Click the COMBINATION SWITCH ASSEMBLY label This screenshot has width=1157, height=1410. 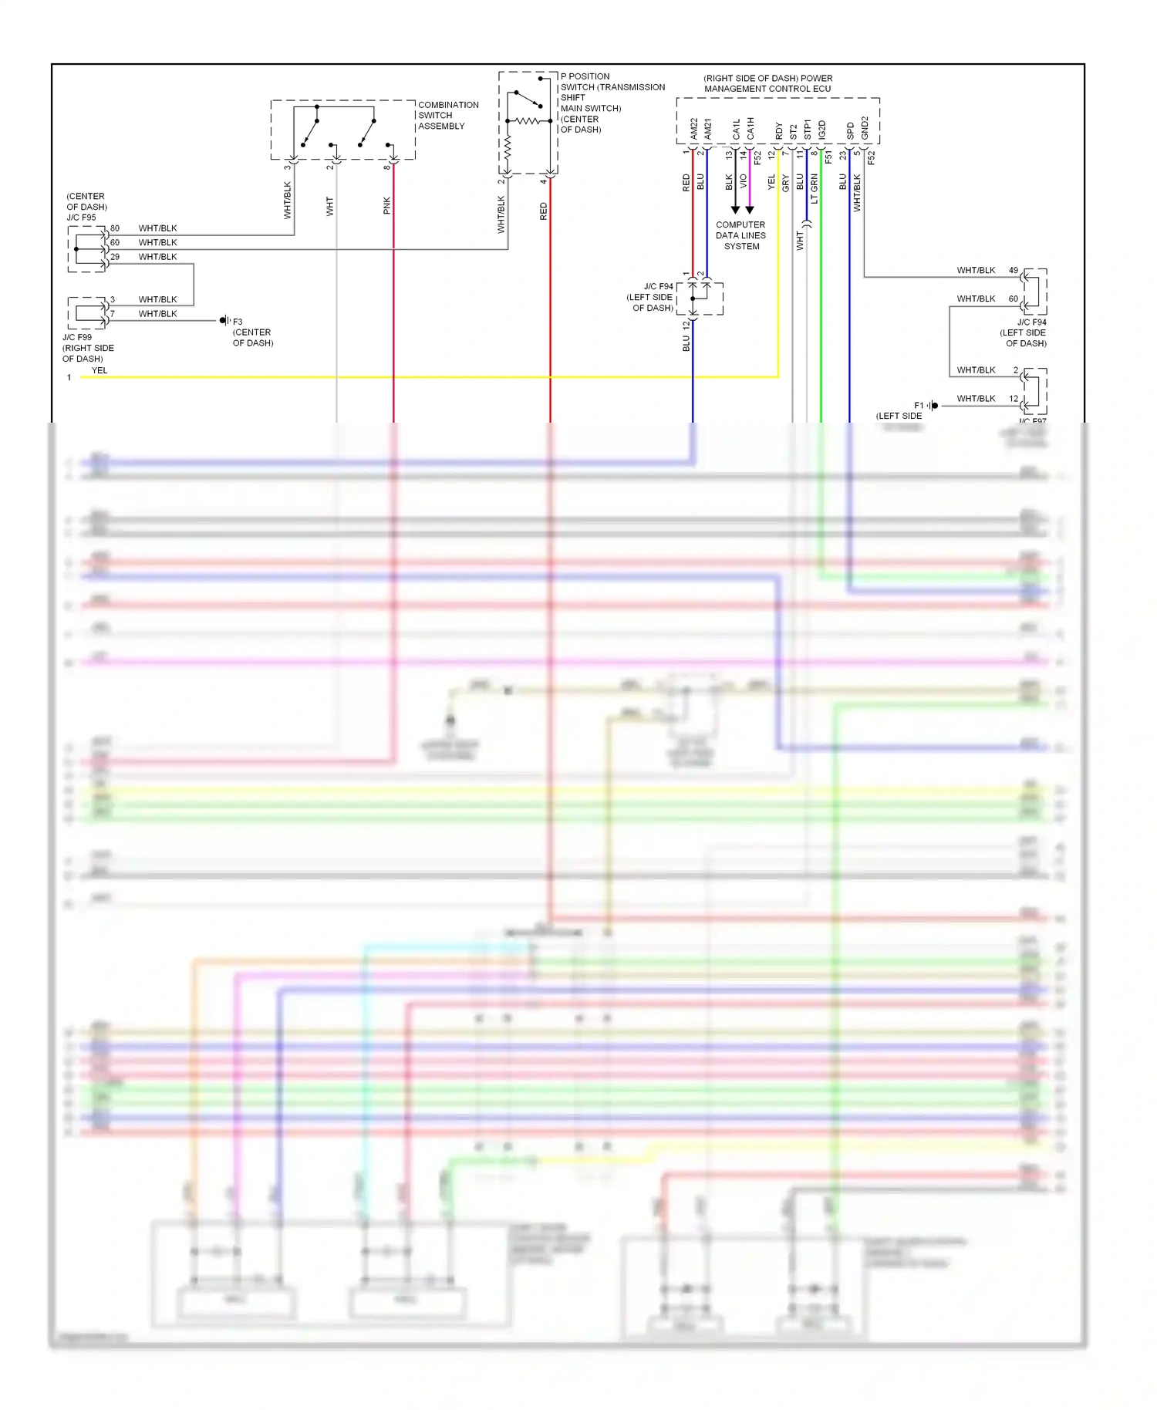click(447, 116)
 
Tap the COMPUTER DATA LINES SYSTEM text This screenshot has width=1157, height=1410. click(740, 235)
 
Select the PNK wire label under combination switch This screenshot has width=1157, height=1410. click(387, 205)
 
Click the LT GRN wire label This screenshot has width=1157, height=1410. click(815, 189)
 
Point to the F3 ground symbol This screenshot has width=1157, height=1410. click(224, 321)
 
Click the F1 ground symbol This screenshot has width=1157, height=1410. click(933, 406)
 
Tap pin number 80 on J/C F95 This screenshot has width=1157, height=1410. click(115, 228)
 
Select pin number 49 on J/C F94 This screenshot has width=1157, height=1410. click(1014, 271)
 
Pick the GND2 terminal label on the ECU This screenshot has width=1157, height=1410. click(865, 128)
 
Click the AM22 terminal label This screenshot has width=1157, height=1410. click(693, 129)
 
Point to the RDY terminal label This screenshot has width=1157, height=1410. click(779, 131)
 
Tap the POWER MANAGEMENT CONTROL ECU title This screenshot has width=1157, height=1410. click(767, 83)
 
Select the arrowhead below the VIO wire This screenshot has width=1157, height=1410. click(750, 210)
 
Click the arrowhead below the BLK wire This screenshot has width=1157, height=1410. click(735, 210)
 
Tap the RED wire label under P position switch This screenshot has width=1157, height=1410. click(544, 211)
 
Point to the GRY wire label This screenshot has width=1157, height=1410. click(786, 184)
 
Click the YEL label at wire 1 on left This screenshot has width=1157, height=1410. click(100, 370)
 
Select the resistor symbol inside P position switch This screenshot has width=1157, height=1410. click(528, 120)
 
